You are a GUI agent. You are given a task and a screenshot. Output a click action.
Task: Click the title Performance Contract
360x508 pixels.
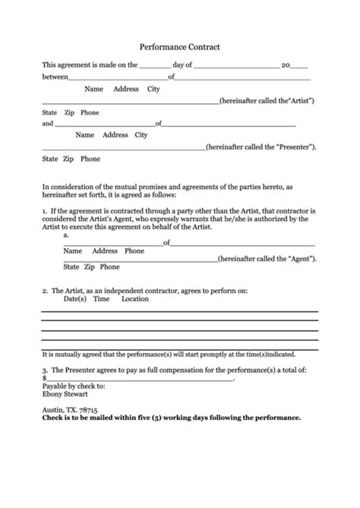point(180,47)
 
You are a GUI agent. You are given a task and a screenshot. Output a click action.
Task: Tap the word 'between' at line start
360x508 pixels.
point(55,77)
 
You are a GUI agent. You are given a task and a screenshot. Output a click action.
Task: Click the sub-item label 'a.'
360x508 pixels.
point(67,235)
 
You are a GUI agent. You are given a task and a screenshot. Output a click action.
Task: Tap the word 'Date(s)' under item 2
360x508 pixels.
point(74,299)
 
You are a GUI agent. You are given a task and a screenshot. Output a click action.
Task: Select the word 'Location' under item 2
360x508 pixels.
point(135,299)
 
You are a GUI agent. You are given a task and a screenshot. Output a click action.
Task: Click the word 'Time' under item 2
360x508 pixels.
point(102,299)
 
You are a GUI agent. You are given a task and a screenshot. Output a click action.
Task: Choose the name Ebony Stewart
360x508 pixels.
point(65,394)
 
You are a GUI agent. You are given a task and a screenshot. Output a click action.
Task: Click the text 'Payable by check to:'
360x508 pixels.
point(74,386)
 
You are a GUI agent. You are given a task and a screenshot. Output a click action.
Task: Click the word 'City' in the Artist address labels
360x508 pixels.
point(153,89)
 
